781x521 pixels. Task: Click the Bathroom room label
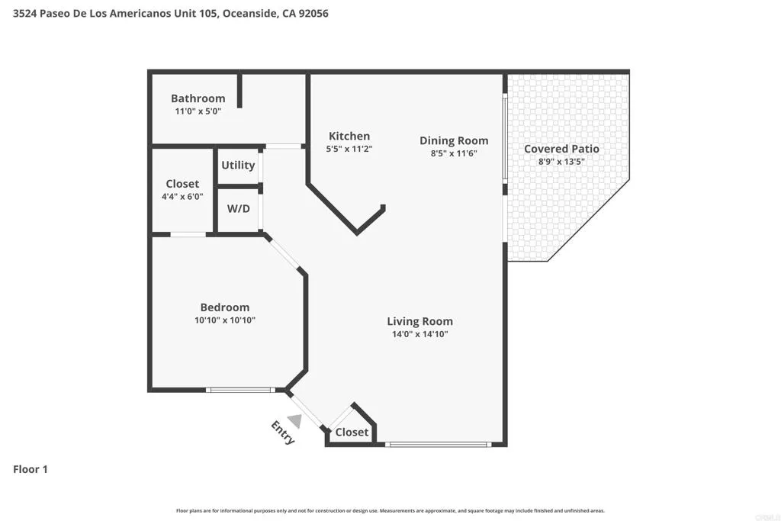tap(198, 98)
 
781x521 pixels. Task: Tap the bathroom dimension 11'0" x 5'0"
tap(198, 111)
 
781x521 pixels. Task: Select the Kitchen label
tap(349, 137)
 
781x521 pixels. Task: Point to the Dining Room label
tap(454, 140)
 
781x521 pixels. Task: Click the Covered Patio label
tap(561, 149)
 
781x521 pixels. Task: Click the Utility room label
tap(238, 165)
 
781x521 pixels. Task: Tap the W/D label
tap(238, 208)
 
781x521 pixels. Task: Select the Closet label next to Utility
tap(182, 184)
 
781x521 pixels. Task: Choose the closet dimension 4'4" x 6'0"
tap(182, 197)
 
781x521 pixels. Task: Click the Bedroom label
tap(225, 307)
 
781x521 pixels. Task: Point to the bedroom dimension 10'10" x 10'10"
tap(225, 321)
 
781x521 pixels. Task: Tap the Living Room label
tap(419, 321)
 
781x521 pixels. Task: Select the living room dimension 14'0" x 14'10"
tap(419, 334)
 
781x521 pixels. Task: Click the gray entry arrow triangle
tap(295, 421)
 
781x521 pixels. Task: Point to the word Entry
tap(283, 432)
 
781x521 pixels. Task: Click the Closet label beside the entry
tap(352, 433)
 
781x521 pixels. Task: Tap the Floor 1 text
tap(31, 469)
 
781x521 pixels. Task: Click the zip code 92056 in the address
tap(312, 14)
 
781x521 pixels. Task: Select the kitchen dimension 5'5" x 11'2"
tap(349, 150)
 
